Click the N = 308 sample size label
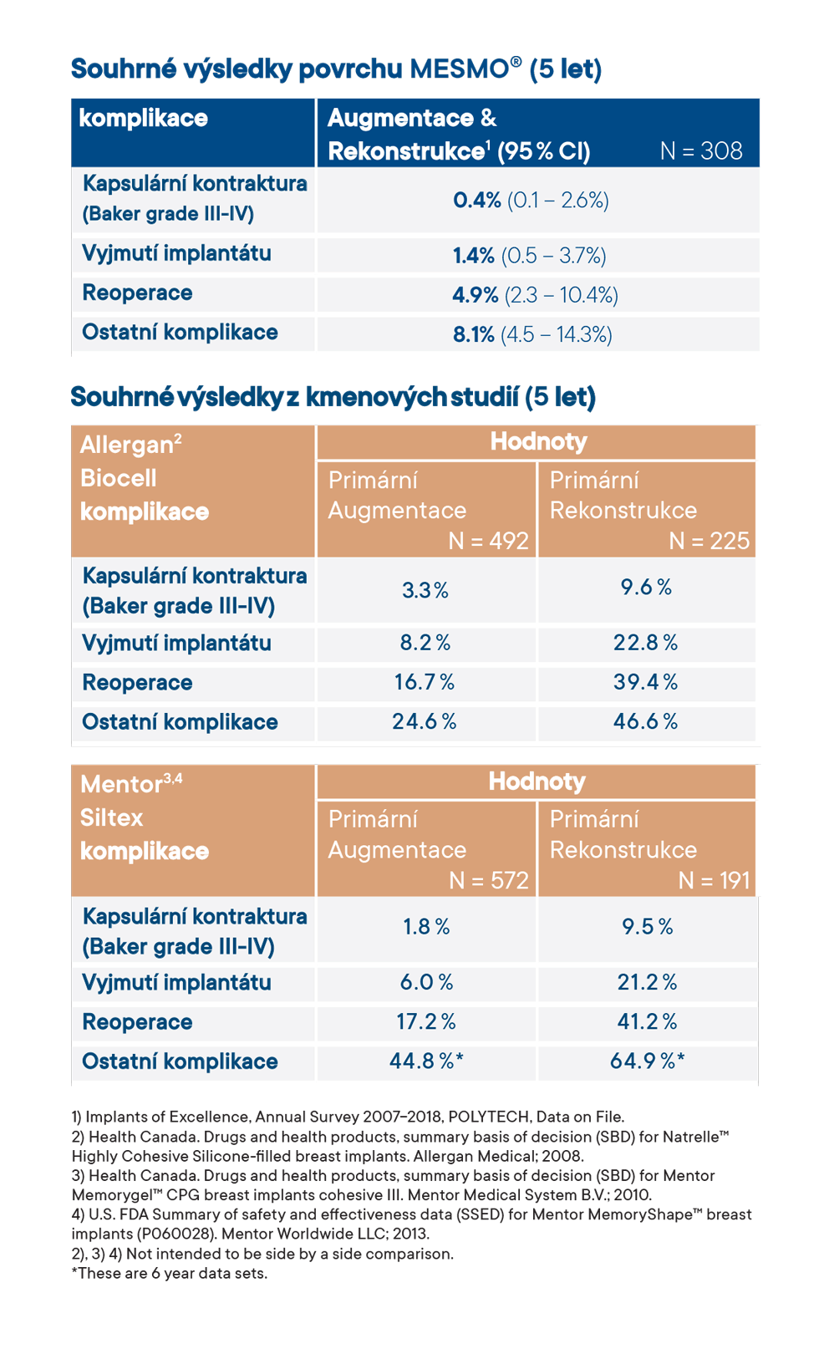(x=700, y=150)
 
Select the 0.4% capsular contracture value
(x=477, y=201)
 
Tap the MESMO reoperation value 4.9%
(x=476, y=295)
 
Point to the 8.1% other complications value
(x=474, y=335)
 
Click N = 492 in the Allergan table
(x=488, y=541)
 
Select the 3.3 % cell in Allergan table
(x=425, y=590)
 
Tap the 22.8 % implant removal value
(x=645, y=642)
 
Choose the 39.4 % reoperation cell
(x=645, y=682)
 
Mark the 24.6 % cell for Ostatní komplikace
(x=425, y=721)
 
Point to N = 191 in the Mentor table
(x=714, y=880)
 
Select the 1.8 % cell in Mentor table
(x=426, y=927)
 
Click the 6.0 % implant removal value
(x=426, y=982)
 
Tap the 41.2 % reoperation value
(x=647, y=1021)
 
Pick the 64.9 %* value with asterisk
(x=647, y=1061)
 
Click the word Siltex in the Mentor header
(x=112, y=817)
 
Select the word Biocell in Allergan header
(x=119, y=478)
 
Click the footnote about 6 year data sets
(x=170, y=1274)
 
